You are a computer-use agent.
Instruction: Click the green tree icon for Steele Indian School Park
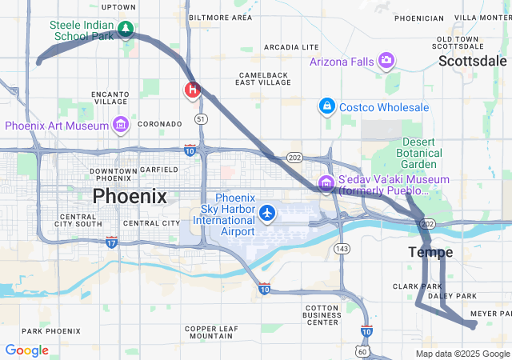(x=125, y=30)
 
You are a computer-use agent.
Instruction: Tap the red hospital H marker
(x=192, y=89)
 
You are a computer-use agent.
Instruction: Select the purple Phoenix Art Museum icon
(x=121, y=125)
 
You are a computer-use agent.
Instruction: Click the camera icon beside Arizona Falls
(x=386, y=60)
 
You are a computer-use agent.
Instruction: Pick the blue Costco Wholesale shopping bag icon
(x=326, y=106)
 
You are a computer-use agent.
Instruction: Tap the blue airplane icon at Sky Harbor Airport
(x=267, y=214)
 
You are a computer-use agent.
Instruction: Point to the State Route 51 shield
(x=201, y=118)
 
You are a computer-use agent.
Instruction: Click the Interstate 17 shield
(x=111, y=242)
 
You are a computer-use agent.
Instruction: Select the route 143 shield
(x=342, y=249)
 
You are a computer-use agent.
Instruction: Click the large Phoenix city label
(x=130, y=196)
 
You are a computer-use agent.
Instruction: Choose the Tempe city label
(x=430, y=252)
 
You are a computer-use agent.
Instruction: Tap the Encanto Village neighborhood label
(x=110, y=97)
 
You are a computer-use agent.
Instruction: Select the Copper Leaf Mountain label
(x=212, y=333)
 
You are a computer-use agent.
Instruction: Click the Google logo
(x=26, y=350)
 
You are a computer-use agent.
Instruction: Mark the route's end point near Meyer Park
(x=474, y=324)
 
